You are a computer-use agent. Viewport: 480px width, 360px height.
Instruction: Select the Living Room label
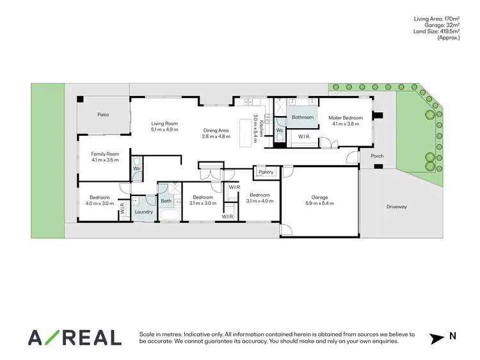pos(164,123)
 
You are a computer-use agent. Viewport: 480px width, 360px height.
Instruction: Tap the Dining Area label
pos(216,130)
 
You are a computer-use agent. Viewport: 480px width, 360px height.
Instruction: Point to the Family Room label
pos(105,154)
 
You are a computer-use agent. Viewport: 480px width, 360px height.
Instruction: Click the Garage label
pos(319,197)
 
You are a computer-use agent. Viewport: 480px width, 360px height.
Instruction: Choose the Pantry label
pos(266,172)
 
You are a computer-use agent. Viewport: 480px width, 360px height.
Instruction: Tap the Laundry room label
pos(144,212)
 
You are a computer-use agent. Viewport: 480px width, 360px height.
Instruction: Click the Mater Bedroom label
pos(346,118)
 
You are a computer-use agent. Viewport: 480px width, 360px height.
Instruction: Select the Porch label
pos(377,156)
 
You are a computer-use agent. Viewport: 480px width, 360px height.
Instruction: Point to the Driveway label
pos(397,206)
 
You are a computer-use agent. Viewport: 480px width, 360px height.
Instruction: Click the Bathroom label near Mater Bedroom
pos(303,117)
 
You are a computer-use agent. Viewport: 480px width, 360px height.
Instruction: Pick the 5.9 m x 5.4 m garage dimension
pos(319,204)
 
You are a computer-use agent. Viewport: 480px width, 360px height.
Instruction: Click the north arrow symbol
pos(435,337)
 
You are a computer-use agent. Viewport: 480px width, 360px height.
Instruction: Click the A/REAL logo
pos(74,338)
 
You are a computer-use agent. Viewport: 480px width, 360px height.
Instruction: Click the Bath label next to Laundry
pos(166,201)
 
